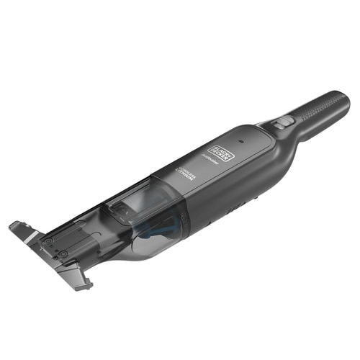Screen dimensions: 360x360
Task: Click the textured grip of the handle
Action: click(x=317, y=114)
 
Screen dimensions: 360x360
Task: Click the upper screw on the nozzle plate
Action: click(x=45, y=240)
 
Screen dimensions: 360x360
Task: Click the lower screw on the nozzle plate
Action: click(x=63, y=254)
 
